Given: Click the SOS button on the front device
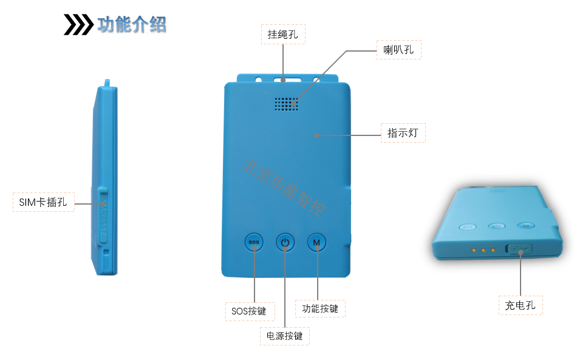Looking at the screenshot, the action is click(254, 243).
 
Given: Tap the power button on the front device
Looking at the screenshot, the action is click(285, 243).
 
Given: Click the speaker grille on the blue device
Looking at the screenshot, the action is click(286, 104).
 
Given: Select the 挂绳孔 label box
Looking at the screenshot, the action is click(283, 34).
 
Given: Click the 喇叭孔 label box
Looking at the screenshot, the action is click(398, 50).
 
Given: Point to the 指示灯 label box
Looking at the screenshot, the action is click(403, 133).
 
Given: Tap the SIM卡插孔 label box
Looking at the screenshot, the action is click(43, 202).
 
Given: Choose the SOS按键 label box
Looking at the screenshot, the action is click(249, 311).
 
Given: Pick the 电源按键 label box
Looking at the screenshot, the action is click(284, 336).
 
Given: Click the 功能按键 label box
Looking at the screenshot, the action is click(320, 308).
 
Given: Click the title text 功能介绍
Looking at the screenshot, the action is click(132, 24).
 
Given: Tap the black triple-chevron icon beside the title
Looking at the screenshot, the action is click(78, 24).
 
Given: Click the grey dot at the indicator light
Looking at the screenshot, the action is click(316, 135).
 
